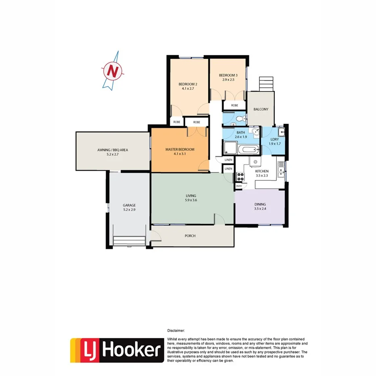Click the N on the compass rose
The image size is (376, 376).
point(114,71)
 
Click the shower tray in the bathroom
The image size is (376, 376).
point(229,148)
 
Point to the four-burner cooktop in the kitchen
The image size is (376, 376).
point(240,176)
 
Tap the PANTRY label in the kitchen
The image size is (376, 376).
point(239,186)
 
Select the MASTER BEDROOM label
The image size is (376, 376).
point(180,150)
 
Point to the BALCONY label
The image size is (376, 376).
point(261,109)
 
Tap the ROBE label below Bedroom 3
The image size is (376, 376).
point(234,105)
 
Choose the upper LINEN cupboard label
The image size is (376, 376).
point(228,160)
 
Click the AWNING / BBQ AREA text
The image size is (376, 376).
point(113,150)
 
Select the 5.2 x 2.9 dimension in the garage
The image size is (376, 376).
point(130,210)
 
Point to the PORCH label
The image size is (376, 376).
point(190,236)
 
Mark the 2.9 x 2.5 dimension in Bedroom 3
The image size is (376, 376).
point(228,79)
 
